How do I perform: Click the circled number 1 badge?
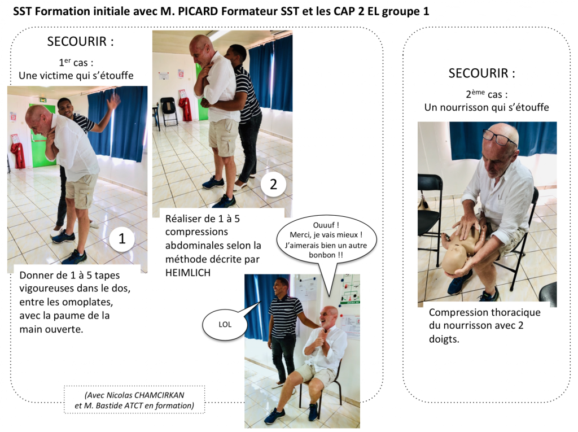(121, 239)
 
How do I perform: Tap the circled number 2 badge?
(273, 184)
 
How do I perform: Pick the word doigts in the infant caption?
(445, 339)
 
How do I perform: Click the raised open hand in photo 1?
(115, 102)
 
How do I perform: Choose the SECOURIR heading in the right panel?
(481, 73)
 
